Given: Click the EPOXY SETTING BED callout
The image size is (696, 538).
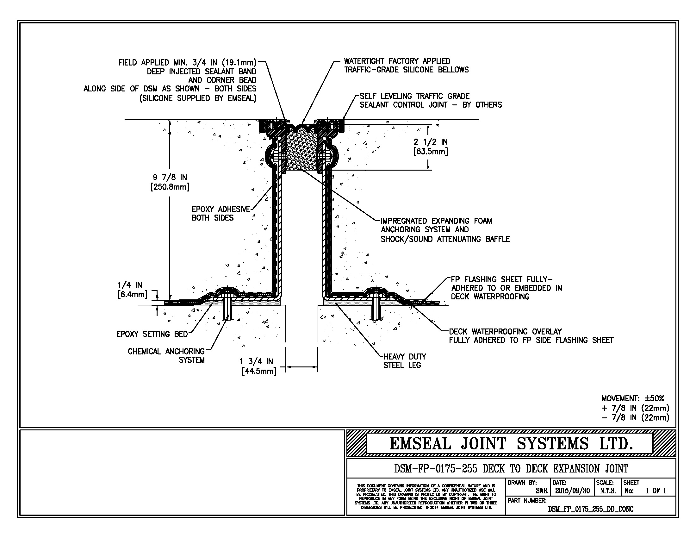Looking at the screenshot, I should (x=152, y=334).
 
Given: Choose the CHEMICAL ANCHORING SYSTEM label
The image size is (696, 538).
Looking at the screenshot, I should (x=166, y=355).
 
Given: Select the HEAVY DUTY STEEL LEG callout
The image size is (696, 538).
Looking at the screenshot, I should (x=404, y=361).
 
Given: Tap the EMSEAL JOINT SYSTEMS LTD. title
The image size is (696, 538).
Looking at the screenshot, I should (x=511, y=444).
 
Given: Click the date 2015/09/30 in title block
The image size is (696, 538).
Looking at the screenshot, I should (x=572, y=491).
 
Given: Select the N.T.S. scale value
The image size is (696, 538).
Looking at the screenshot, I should (x=607, y=491).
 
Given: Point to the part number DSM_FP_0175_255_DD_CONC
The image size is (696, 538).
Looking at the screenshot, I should (x=591, y=509).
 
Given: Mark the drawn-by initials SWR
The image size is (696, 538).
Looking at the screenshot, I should (x=541, y=491).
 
